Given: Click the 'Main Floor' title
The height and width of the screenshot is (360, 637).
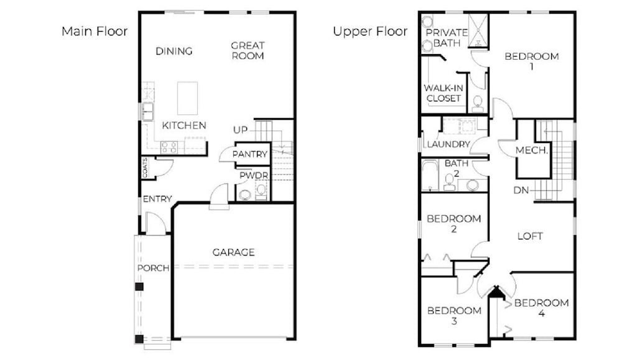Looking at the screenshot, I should [x=95, y=31].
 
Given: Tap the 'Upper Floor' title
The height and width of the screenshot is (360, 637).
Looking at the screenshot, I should [x=370, y=31].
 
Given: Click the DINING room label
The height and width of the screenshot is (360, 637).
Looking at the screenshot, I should [x=174, y=51].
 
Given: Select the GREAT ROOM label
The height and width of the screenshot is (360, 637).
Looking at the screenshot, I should [x=248, y=50].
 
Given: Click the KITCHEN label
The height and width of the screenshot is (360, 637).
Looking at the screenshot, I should [x=184, y=126].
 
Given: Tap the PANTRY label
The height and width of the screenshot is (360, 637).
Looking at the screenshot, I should [x=250, y=154].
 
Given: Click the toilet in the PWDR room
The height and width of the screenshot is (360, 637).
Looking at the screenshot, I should [x=261, y=190].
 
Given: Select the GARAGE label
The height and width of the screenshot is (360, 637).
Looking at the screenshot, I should [x=234, y=252].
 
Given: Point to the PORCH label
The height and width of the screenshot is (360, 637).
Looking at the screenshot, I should [x=153, y=268].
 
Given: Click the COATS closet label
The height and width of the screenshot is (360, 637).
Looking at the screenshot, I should [x=145, y=167].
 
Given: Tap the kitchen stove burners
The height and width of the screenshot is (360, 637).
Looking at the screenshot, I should [x=169, y=147].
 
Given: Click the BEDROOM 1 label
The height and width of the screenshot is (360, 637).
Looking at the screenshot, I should [x=531, y=61].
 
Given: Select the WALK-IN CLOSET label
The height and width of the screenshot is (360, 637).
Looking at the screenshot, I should [x=444, y=93].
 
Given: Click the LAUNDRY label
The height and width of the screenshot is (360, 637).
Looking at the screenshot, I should [x=448, y=144].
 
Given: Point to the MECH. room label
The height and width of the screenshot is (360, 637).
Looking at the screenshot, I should [x=532, y=150].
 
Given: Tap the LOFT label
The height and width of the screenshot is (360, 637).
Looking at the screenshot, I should [x=530, y=236].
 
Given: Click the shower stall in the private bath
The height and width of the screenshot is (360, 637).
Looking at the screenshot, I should [x=478, y=30].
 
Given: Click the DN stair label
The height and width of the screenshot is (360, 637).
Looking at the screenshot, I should [x=522, y=190].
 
